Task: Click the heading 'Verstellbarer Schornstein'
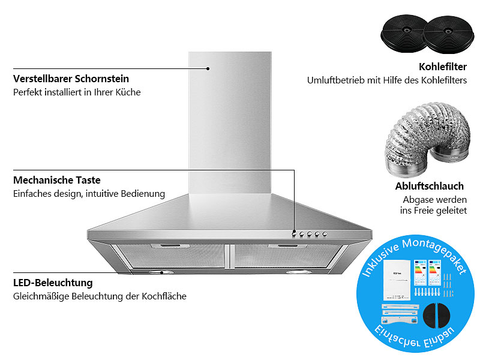click(x=71, y=79)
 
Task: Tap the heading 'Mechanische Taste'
click(x=56, y=180)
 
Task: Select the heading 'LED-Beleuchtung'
click(x=53, y=283)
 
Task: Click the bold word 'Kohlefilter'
click(x=443, y=67)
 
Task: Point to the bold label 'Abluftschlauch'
click(x=429, y=186)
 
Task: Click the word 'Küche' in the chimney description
click(x=128, y=92)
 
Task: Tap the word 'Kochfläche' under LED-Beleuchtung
click(x=164, y=296)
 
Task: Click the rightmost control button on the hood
click(x=325, y=234)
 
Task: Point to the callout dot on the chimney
click(x=208, y=68)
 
